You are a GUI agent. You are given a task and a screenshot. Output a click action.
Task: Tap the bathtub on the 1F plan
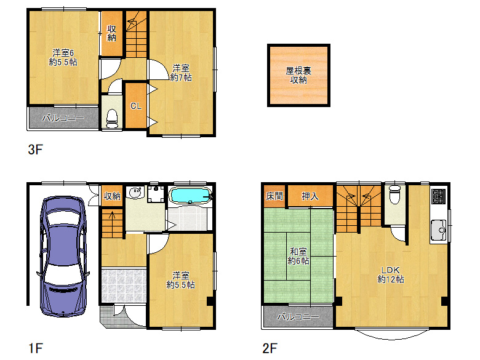[x=190, y=196]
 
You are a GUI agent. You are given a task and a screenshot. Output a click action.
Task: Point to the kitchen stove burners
[x=439, y=197]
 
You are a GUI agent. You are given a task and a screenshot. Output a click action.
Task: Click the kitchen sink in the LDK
[x=439, y=230]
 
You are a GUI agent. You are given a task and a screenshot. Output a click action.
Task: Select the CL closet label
[x=135, y=106]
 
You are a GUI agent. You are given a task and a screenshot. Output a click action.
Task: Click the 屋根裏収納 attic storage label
[x=298, y=75]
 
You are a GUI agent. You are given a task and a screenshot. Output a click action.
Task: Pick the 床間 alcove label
[x=274, y=196]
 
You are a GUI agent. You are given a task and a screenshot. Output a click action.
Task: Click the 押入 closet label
[x=310, y=196]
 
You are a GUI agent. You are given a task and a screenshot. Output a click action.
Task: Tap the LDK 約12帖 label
[x=391, y=274]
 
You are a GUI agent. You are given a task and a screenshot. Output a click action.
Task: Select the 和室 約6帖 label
[x=298, y=257]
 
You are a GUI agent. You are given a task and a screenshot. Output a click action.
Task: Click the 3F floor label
[x=35, y=149]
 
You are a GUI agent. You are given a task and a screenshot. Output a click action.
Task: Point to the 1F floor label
[x=35, y=348]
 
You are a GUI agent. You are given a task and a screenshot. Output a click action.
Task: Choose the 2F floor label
[x=270, y=348]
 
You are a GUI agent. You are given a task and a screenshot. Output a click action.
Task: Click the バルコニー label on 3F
[x=62, y=118]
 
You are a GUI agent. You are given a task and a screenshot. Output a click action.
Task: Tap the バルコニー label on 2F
[x=297, y=317]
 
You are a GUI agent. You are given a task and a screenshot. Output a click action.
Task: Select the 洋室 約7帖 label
[x=181, y=73]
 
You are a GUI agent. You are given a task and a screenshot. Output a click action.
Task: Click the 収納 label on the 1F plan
[x=111, y=196]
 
